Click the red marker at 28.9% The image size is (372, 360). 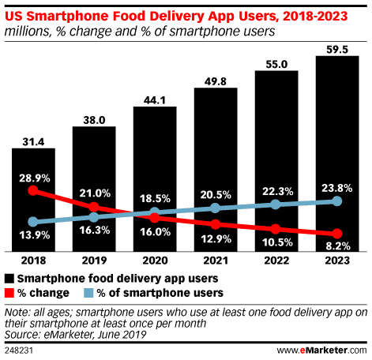click(x=33, y=190)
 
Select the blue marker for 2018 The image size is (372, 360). click(x=33, y=222)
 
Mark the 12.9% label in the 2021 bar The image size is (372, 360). click(x=216, y=236)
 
